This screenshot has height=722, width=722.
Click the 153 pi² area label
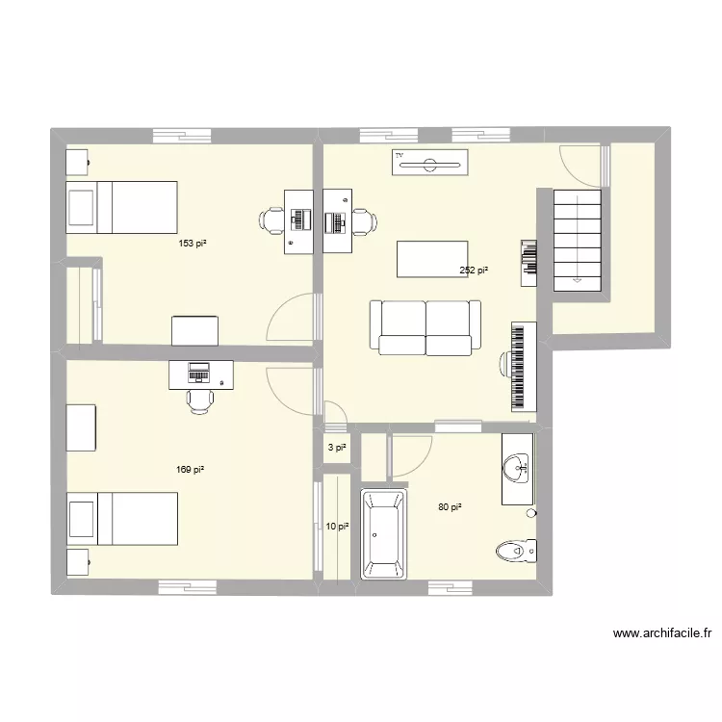(193, 244)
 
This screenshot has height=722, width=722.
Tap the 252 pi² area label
(473, 271)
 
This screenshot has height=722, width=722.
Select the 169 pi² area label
(190, 470)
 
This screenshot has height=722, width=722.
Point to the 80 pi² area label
(450, 507)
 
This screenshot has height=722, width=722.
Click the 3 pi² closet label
(336, 448)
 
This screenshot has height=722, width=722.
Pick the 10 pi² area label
(336, 527)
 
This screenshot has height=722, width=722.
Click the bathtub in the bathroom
(384, 534)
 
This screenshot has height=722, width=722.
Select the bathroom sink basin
(517, 470)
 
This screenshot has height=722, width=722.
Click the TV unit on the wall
(430, 163)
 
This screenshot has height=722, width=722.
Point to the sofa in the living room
(425, 327)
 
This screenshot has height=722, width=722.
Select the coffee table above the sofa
(432, 259)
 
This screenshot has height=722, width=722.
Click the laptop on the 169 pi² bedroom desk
(199, 370)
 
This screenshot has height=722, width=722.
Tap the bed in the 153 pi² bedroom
(121, 207)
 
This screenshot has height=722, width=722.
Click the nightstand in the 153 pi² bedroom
(77, 162)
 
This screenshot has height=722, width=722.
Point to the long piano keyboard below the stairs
(521, 366)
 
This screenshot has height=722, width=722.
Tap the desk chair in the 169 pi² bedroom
(200, 399)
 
